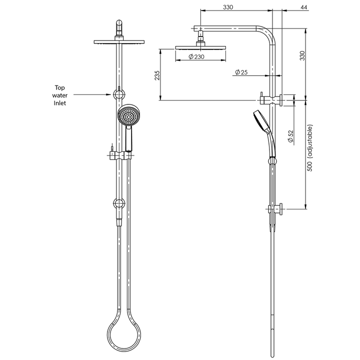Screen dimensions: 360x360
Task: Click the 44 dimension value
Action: click(x=304, y=7)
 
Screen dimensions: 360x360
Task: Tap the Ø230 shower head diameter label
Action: click(x=196, y=56)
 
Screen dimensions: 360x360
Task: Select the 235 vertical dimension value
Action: click(x=157, y=75)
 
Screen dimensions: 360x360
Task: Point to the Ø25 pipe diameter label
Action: click(x=241, y=72)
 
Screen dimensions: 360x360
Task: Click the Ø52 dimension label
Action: click(x=291, y=136)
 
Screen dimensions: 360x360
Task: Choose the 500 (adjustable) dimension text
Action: click(x=309, y=148)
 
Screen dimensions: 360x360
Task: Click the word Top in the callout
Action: click(x=59, y=87)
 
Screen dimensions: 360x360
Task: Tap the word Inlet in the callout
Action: click(x=60, y=103)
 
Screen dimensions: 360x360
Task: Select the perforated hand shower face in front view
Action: click(x=126, y=115)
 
